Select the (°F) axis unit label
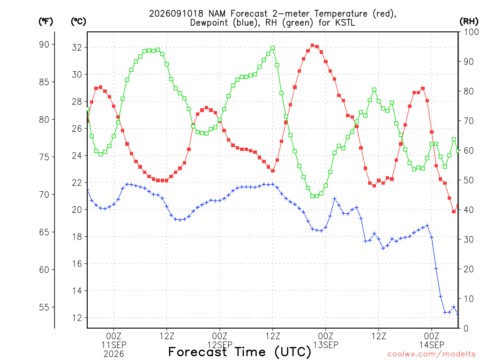coord(45,22)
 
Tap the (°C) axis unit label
coord(78,22)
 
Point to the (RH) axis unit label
coord(469,21)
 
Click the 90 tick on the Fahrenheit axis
coord(44,45)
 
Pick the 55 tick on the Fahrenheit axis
coord(44,307)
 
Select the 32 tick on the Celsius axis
coord(77,47)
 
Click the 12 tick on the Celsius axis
coord(77,318)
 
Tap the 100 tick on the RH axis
coord(471,32)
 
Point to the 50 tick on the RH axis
coord(468,180)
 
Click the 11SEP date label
coord(114,345)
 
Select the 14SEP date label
coord(432,345)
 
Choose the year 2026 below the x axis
coord(114,354)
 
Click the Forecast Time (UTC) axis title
coord(240,352)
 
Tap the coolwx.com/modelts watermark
coord(433,354)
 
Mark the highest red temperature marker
coord(313,45)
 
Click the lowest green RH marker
coord(313,196)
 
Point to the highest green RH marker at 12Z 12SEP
coord(273,48)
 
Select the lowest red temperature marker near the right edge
coord(454,211)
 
